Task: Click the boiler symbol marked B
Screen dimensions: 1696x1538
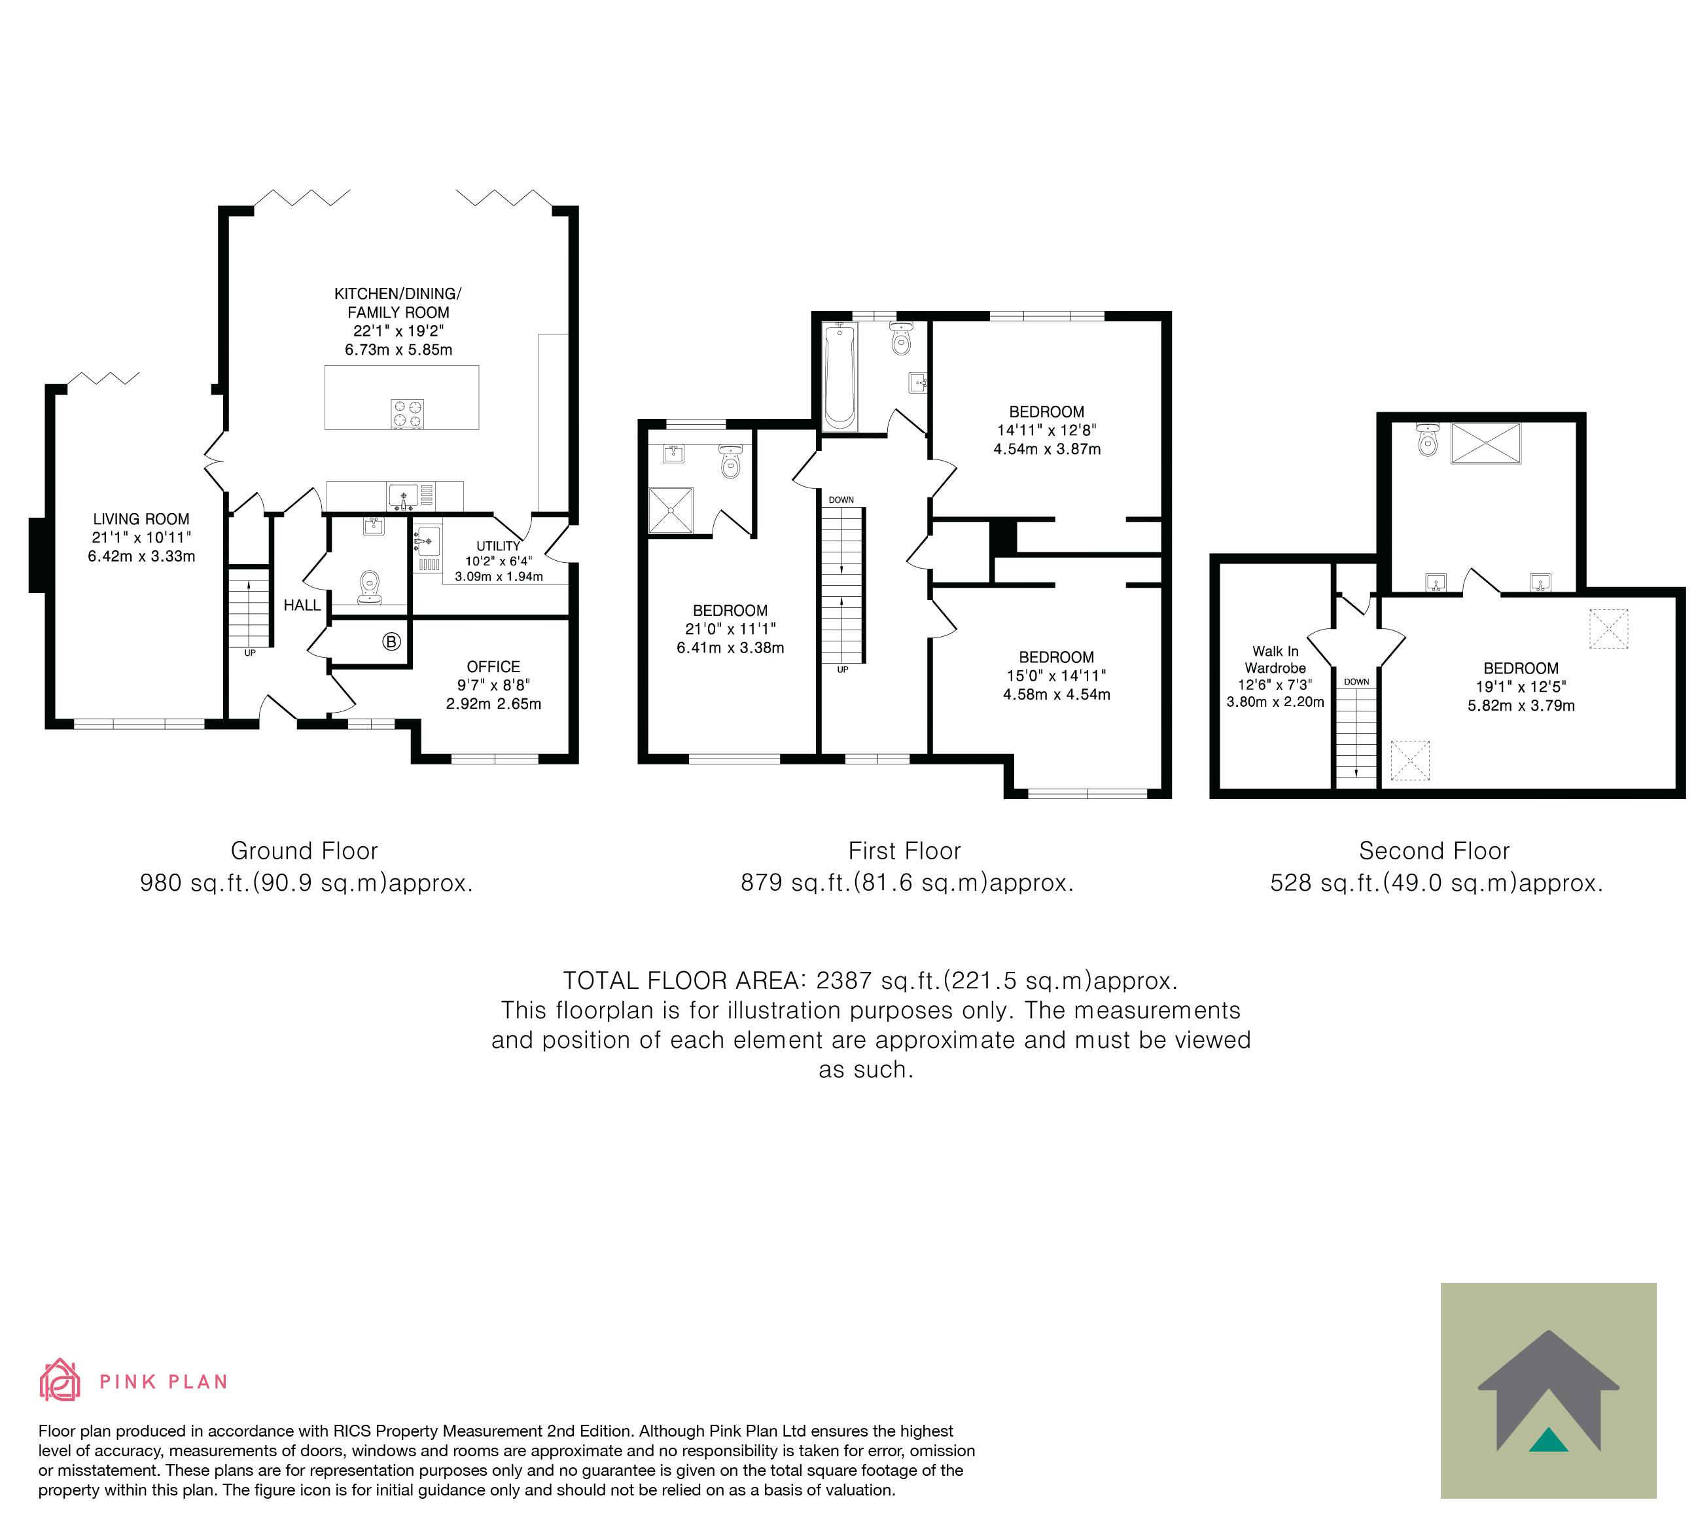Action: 391,642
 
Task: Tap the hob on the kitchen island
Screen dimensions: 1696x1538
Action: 407,413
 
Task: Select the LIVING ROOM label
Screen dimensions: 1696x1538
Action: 141,519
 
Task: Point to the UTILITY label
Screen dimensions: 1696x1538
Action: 498,546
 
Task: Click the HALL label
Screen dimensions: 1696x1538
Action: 302,605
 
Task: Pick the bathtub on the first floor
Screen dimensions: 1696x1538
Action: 839,377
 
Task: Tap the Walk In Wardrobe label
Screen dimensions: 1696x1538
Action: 1275,659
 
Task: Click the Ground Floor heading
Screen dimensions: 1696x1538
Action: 304,851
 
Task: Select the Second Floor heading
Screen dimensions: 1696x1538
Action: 1434,851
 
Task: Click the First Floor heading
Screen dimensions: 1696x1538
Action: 904,851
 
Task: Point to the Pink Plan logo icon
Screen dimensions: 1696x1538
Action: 60,1380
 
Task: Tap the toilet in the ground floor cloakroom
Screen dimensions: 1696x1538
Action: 369,587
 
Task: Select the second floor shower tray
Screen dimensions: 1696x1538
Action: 1486,443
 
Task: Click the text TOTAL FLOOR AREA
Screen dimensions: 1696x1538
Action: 685,980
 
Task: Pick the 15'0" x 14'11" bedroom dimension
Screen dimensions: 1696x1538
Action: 1057,675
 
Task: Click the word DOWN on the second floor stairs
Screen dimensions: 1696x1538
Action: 1356,681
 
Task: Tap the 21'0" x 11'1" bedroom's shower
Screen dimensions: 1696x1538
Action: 671,510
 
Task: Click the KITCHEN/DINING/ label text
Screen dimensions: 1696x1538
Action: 398,294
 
